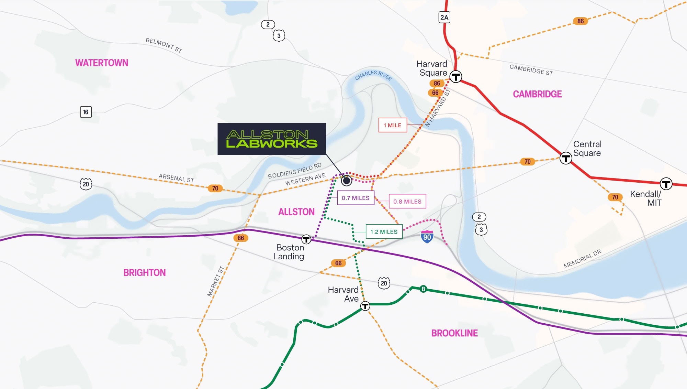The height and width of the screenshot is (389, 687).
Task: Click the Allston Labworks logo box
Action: (271, 139)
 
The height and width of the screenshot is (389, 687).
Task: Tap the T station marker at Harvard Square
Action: (456, 76)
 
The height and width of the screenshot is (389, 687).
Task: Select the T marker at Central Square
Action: (566, 158)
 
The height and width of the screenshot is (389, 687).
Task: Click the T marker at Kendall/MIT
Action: (666, 184)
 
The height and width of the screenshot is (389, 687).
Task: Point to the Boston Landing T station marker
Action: (306, 239)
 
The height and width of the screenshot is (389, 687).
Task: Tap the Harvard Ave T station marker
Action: (365, 306)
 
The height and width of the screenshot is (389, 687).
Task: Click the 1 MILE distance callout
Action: (393, 125)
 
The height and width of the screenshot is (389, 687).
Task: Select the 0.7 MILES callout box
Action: (356, 198)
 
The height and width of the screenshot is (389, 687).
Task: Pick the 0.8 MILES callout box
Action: (407, 202)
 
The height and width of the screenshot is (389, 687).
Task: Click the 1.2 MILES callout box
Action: (384, 232)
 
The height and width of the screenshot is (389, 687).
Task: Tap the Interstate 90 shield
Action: (427, 237)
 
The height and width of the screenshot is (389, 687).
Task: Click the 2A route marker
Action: (444, 18)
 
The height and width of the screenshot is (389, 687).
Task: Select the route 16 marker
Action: (86, 112)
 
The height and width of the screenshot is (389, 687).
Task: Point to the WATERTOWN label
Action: (102, 63)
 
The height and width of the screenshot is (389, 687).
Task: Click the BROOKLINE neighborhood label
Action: (454, 333)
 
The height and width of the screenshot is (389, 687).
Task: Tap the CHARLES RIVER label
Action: (373, 75)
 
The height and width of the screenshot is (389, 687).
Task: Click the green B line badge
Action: (423, 289)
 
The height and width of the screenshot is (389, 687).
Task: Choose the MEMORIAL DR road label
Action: (583, 259)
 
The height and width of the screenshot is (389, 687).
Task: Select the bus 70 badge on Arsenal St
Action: (215, 188)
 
